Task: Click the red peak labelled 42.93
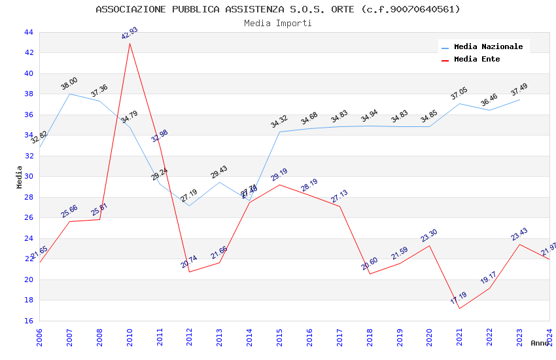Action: click(x=130, y=43)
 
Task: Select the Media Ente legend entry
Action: click(x=477, y=60)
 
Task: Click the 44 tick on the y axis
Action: click(x=28, y=32)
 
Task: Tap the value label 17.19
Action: click(x=459, y=298)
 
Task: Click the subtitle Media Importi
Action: click(x=278, y=24)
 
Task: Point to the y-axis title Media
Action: click(x=19, y=177)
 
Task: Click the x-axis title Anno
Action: click(x=540, y=343)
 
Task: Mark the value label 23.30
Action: click(x=429, y=236)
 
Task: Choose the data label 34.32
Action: click(x=279, y=122)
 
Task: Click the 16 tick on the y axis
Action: click(x=28, y=321)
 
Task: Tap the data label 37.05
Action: click(x=459, y=94)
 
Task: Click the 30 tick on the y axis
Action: click(x=28, y=177)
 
